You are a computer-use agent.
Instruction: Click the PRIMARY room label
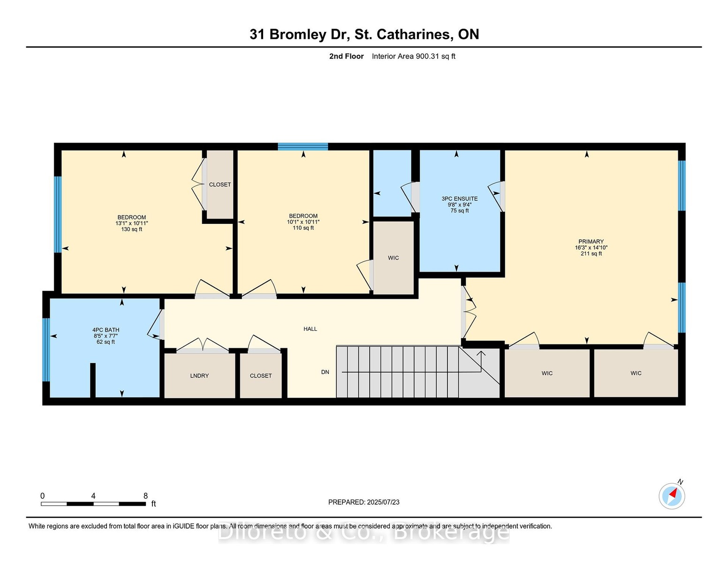591,242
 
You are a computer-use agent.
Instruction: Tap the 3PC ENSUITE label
460,198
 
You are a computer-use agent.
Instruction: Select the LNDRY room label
199,376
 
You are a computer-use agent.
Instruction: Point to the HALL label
310,329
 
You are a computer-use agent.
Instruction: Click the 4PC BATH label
106,330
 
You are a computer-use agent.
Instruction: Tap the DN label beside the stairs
325,372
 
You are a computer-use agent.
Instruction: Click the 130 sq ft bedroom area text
132,229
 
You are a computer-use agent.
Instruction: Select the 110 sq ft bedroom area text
303,228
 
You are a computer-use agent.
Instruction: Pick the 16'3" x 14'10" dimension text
591,248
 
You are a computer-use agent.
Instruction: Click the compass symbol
672,496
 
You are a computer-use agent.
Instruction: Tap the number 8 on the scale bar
145,496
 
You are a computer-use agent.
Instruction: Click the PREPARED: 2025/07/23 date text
364,502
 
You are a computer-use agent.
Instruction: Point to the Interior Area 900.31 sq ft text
413,56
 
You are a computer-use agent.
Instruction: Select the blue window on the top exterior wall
303,146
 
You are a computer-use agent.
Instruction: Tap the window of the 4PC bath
46,350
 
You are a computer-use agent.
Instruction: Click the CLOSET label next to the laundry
261,376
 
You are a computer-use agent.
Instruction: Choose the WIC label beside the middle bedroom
393,258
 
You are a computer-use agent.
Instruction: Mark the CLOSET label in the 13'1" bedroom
220,184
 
